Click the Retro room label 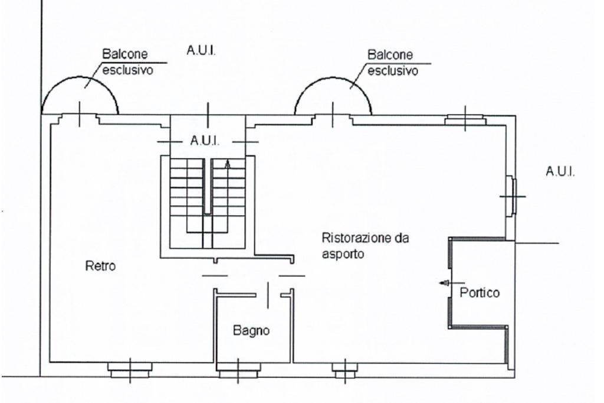(100, 266)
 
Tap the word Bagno (251, 331)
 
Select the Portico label (481, 292)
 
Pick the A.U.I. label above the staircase (204, 141)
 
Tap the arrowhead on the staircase (228, 164)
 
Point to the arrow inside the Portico (444, 283)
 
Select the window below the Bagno (239, 370)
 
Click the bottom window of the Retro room (130, 370)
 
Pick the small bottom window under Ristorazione (344, 370)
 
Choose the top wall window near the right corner (465, 120)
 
